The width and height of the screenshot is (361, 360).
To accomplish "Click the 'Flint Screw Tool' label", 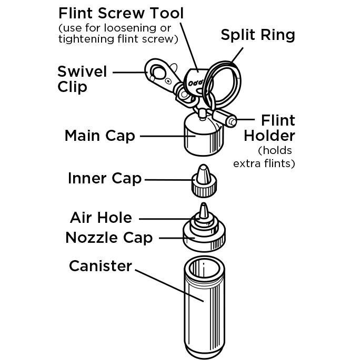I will (x=121, y=13).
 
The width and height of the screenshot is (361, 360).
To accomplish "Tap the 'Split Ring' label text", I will (x=257, y=35).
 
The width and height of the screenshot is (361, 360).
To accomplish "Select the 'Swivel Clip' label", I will (x=82, y=79).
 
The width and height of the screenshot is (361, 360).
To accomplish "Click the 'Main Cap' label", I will (x=99, y=136).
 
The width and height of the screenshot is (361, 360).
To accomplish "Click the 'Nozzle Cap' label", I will (x=108, y=238).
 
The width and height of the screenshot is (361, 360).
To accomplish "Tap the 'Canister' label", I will (x=100, y=266).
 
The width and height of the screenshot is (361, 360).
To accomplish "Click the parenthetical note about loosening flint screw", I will (x=118, y=33).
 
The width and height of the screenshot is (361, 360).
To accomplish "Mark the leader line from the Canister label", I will (x=168, y=284).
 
